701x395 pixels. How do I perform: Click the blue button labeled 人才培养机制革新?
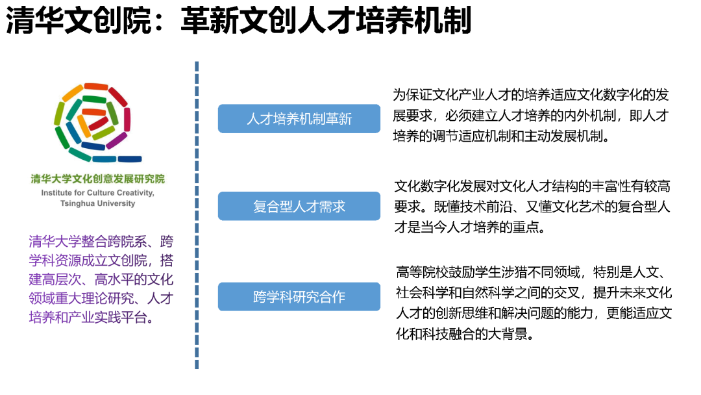(299, 118)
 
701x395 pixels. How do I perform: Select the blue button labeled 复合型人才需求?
(299, 206)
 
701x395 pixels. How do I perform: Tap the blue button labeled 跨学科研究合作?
(299, 297)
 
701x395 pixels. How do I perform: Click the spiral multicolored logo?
(93, 121)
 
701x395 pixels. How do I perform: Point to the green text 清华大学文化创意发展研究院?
(98, 179)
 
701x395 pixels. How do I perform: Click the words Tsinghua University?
(98, 203)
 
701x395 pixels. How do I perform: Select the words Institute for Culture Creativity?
(97, 193)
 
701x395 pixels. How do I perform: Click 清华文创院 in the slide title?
(79, 21)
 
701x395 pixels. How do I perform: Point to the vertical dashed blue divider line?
(197, 215)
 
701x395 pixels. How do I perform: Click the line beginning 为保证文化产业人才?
(531, 95)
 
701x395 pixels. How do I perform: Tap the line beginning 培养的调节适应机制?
(501, 136)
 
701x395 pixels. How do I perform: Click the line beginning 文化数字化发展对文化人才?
(532, 186)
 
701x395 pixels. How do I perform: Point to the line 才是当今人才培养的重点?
(470, 227)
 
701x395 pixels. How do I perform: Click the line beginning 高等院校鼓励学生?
(531, 272)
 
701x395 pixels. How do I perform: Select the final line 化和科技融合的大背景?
(465, 334)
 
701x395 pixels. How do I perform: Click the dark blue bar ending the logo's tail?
(130, 159)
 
